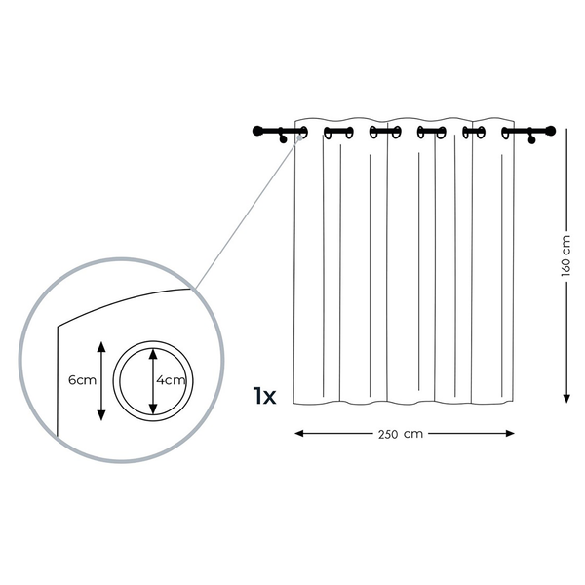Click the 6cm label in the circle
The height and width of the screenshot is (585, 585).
pyautogui.click(x=83, y=380)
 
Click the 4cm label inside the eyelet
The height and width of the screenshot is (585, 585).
pyautogui.click(x=171, y=380)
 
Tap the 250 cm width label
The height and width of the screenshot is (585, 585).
pyautogui.click(x=401, y=434)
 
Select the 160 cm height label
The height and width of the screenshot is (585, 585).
pyautogui.click(x=565, y=255)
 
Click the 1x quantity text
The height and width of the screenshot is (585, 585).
pyautogui.click(x=264, y=396)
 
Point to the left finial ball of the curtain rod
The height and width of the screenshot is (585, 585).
pyautogui.click(x=257, y=131)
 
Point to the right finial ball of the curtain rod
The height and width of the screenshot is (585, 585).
pyautogui.click(x=551, y=131)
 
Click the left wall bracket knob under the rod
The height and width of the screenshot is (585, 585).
pyautogui.click(x=283, y=139)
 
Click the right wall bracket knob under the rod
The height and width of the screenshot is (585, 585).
pyautogui.click(x=531, y=139)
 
